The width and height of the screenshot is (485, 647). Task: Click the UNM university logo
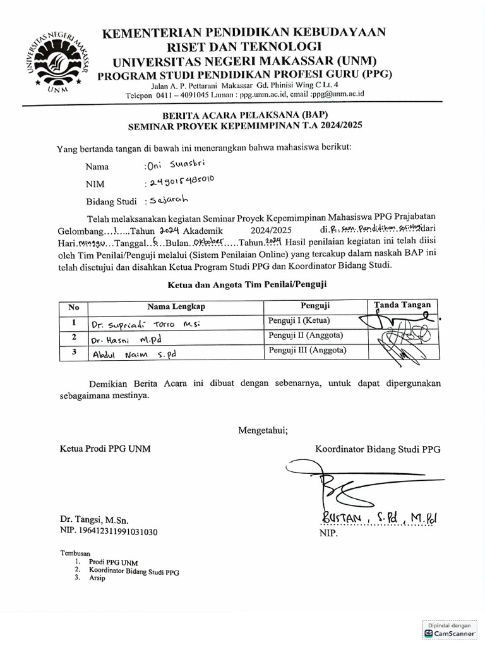click(57, 61)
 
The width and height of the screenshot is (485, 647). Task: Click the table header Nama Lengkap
click(176, 307)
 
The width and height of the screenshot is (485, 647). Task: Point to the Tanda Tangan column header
click(402, 305)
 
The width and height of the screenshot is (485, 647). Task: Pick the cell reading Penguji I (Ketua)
click(299, 321)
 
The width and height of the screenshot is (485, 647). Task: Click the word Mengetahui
click(263, 431)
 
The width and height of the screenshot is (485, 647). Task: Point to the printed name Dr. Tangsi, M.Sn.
click(94, 521)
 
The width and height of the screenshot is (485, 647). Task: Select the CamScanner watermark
click(450, 629)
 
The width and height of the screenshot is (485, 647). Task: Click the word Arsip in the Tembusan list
click(97, 577)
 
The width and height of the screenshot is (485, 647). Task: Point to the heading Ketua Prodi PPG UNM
click(105, 449)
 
